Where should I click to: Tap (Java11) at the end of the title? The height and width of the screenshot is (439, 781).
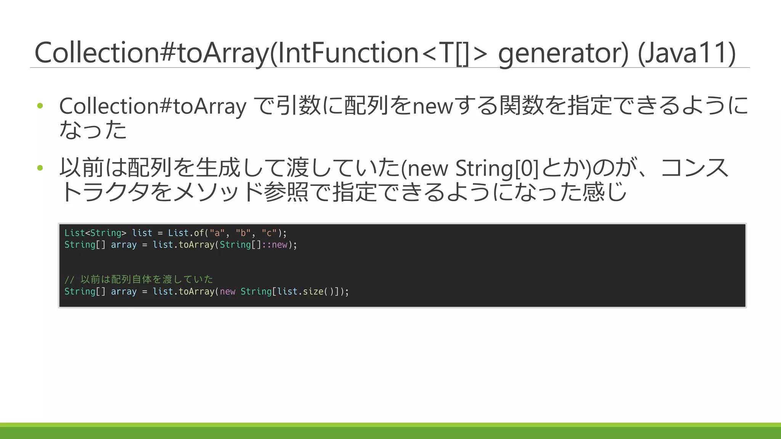tap(687, 53)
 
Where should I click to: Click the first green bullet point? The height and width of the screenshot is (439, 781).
tap(40, 106)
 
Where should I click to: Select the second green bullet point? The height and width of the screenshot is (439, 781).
tap(40, 168)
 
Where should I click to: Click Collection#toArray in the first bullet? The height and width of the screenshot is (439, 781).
tap(153, 106)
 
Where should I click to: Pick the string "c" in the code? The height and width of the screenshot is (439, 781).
tap(269, 233)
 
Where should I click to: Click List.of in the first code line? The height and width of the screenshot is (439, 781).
tap(186, 233)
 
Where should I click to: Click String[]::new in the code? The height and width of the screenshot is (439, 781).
tap(254, 245)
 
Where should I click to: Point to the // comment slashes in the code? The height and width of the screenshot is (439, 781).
tap(69, 280)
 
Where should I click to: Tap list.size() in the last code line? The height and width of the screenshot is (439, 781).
tap(305, 292)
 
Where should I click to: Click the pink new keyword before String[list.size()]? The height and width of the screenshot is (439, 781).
tap(228, 292)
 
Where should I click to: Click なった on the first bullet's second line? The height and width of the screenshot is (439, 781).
tap(93, 130)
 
